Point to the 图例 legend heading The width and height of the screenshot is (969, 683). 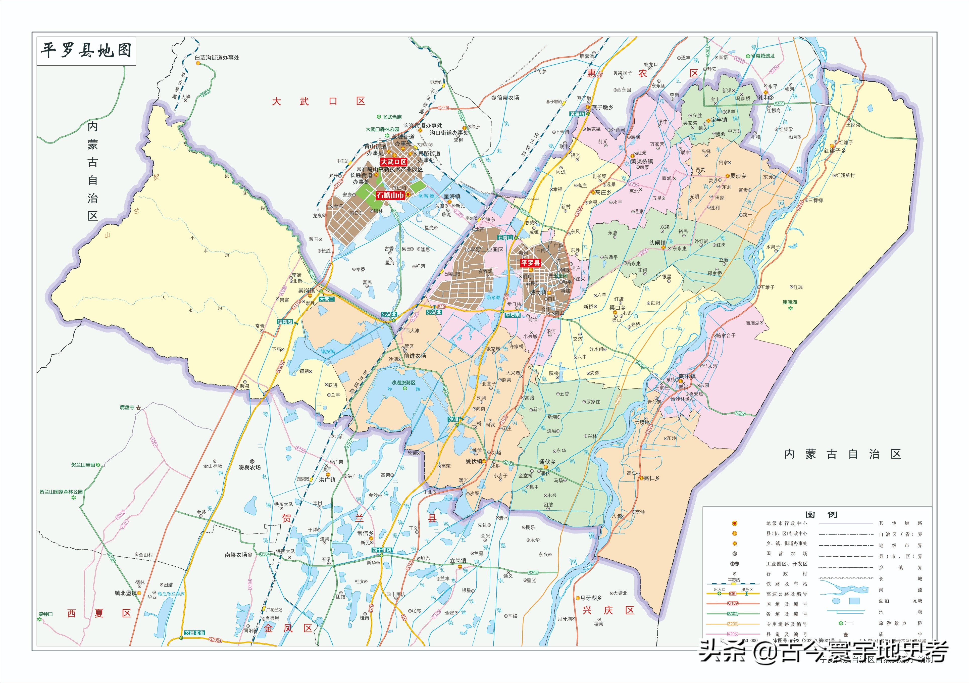[821, 515]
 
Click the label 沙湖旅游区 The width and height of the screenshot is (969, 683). [403, 382]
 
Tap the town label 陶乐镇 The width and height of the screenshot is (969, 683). [687, 376]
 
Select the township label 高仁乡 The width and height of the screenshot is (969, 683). [651, 478]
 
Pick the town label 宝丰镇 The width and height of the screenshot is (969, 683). [719, 120]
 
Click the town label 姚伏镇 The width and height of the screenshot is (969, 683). [474, 461]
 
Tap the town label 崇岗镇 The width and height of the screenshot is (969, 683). [307, 290]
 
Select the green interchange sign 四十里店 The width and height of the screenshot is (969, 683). [382, 550]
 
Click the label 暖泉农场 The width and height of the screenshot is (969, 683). [249, 468]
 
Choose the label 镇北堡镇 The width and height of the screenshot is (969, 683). [125, 593]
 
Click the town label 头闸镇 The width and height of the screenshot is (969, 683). [657, 243]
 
